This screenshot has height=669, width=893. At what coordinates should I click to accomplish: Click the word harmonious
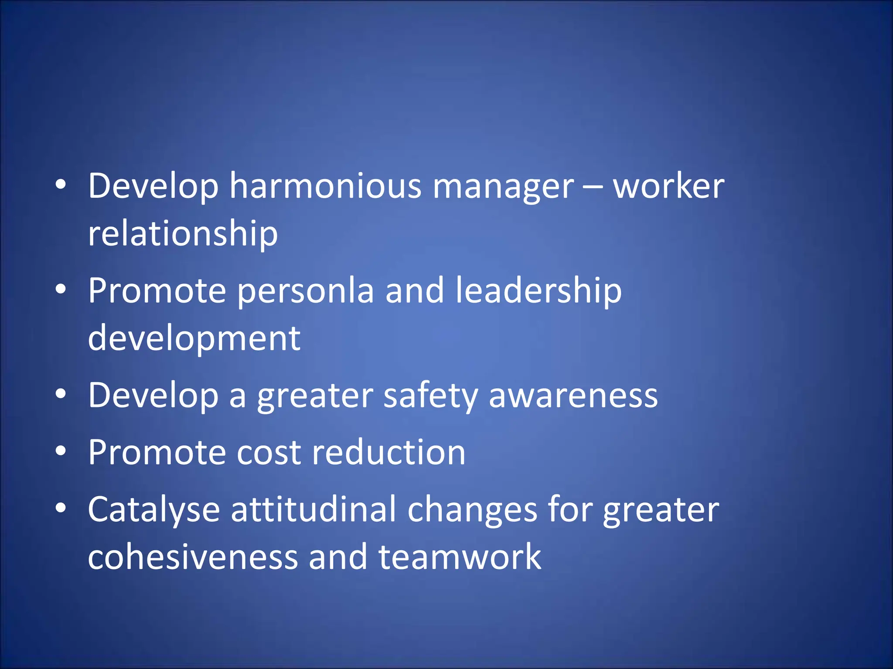point(325,186)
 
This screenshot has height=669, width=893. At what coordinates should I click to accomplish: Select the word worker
point(668,186)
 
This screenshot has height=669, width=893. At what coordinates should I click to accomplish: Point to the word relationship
point(183,234)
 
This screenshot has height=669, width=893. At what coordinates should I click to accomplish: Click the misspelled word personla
point(306,291)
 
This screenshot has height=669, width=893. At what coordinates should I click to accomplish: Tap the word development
point(194,339)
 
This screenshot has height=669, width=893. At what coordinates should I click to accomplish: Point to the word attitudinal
point(314,510)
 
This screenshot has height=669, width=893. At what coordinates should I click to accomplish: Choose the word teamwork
point(460,557)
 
